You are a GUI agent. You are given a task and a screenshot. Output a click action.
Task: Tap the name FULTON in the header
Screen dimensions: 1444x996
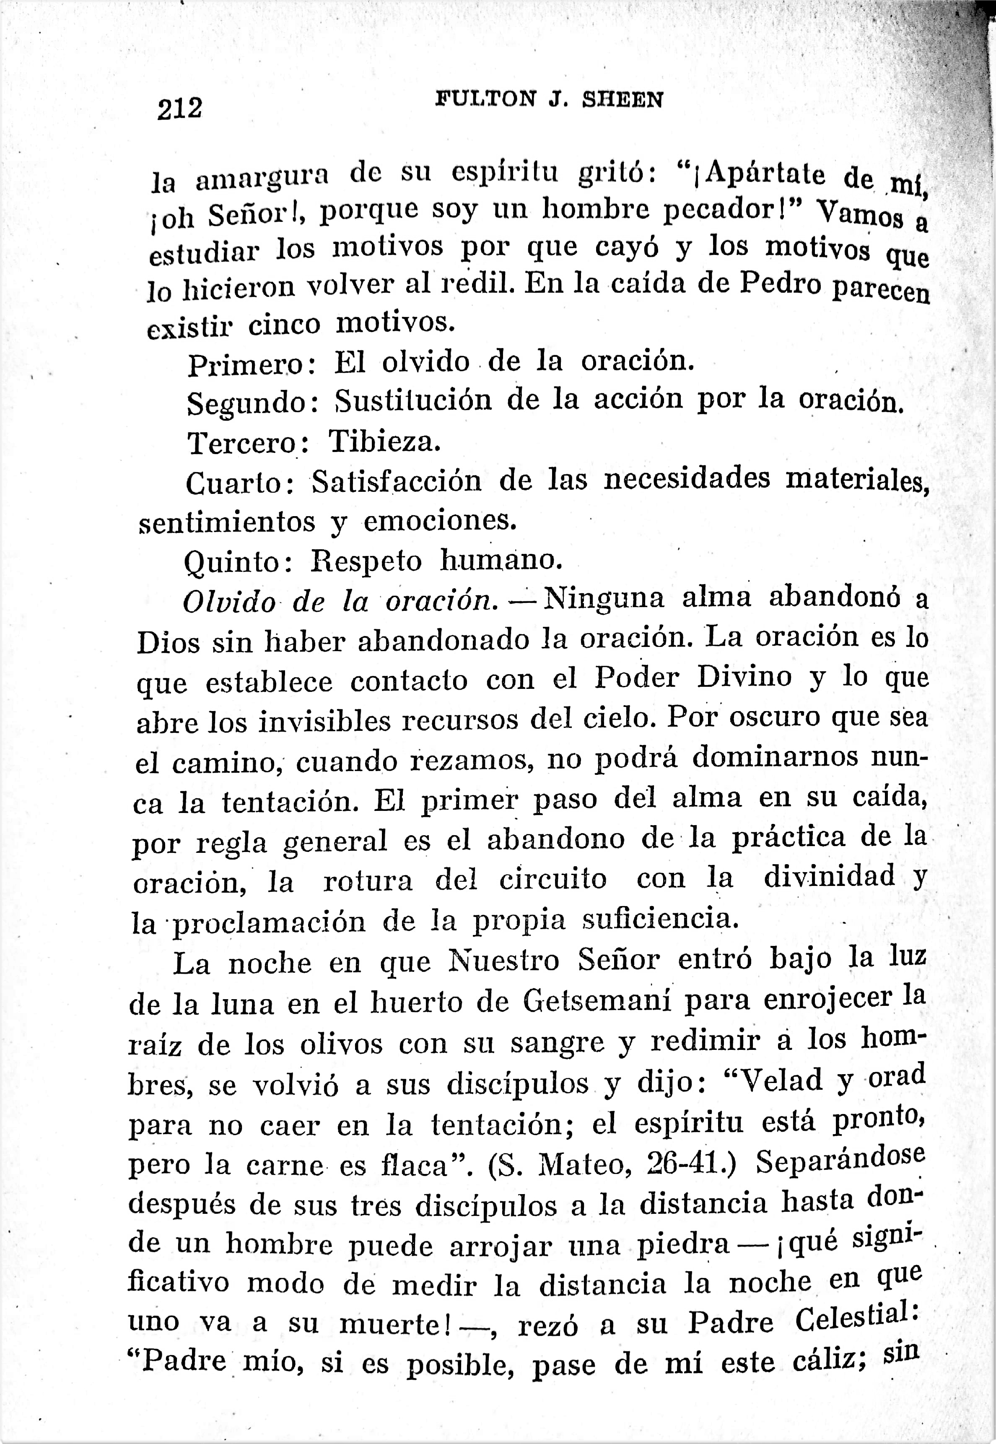[485, 99]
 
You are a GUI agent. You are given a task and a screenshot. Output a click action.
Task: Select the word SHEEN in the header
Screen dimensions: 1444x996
[622, 100]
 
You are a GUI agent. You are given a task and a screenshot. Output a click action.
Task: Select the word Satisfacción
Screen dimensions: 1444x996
[397, 481]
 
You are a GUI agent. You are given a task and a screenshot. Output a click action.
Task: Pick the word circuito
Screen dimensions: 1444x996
[553, 879]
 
